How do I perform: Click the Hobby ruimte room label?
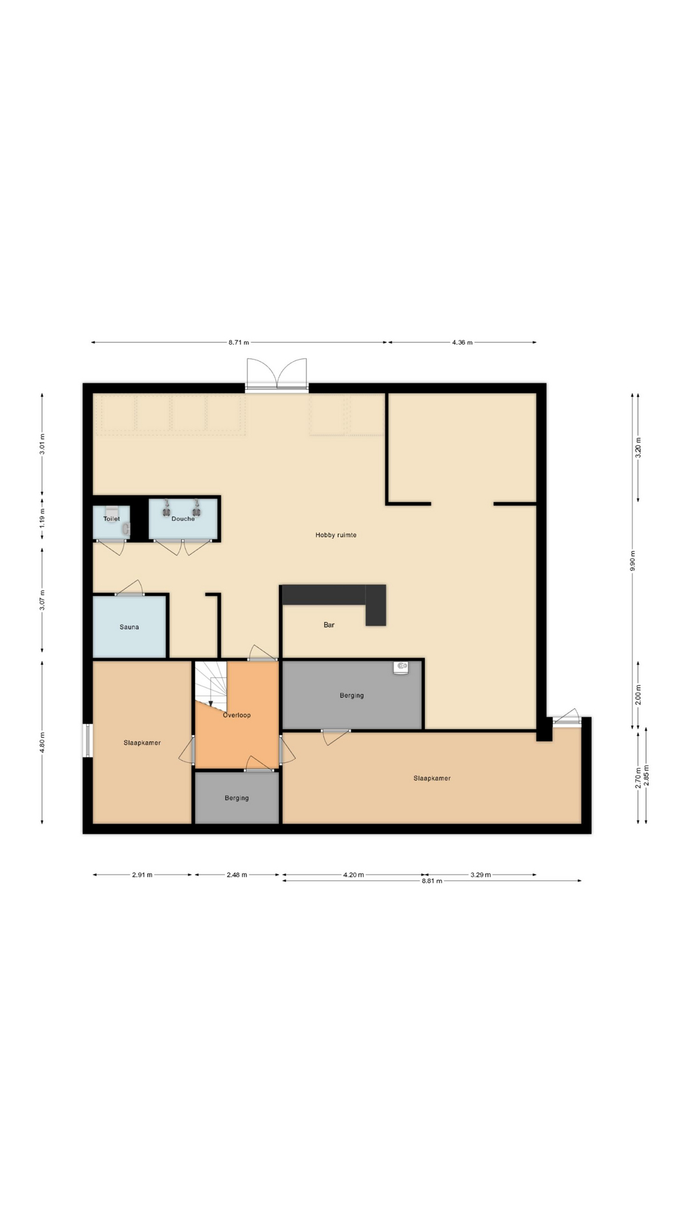[x=336, y=535]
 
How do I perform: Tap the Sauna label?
[x=129, y=627]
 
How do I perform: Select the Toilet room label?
[x=111, y=519]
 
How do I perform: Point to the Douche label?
[x=183, y=519]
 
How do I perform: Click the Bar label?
[x=329, y=625]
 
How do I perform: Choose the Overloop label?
[x=236, y=715]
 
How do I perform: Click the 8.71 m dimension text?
[x=238, y=342]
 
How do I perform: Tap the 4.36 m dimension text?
[x=462, y=342]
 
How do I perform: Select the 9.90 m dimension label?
[x=632, y=561]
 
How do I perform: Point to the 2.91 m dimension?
[x=142, y=875]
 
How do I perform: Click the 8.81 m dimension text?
[x=431, y=881]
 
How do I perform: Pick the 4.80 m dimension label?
[x=42, y=742]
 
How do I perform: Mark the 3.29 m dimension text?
[x=480, y=875]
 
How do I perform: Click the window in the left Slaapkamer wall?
[x=88, y=741]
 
